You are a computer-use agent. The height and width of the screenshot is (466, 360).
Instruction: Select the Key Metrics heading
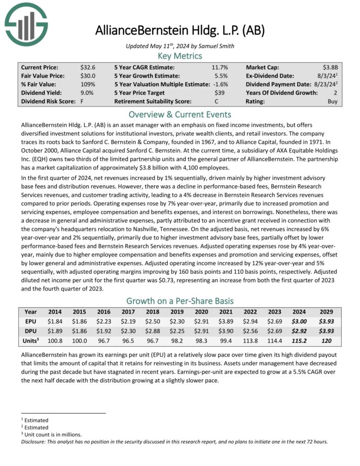[x=179, y=56]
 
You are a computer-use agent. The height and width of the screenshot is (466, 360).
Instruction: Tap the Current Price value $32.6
[x=88, y=67]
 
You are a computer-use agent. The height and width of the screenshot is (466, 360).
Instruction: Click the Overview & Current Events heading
[x=179, y=114]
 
